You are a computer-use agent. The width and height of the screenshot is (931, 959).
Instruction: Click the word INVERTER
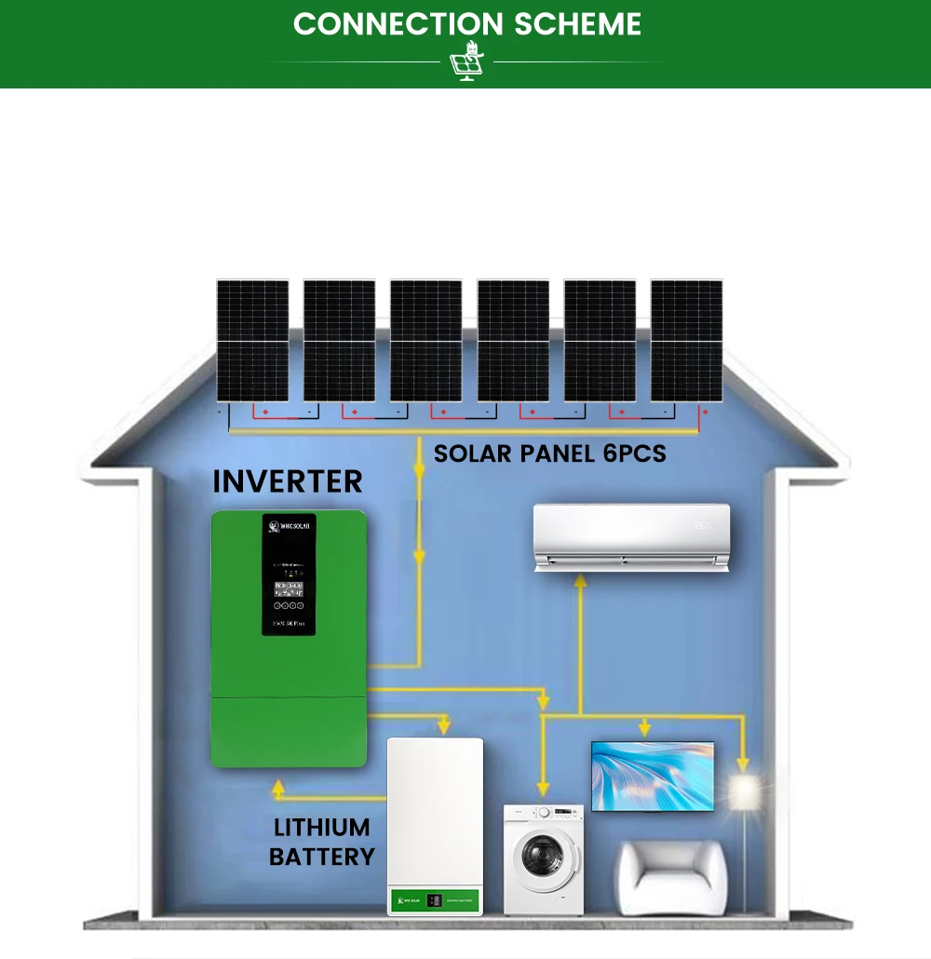[287, 481]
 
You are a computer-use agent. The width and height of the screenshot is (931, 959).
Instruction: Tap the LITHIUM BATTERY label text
[321, 842]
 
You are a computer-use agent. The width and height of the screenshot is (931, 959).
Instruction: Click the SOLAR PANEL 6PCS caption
[549, 455]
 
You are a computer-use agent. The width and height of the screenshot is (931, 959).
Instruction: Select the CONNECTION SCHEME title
[466, 24]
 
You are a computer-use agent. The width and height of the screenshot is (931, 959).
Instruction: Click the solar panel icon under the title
[465, 62]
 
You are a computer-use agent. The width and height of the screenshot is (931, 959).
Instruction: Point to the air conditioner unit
[629, 537]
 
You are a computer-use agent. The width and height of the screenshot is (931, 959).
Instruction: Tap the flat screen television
[653, 776]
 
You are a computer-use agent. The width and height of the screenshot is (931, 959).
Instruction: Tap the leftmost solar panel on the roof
[252, 341]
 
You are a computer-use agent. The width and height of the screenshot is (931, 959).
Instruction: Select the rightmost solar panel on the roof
[686, 341]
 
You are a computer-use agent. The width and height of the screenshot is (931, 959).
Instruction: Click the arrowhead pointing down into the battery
[444, 725]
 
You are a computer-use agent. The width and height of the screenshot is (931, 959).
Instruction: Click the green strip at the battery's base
[435, 900]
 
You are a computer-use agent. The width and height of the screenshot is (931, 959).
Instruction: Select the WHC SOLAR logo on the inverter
[289, 526]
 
